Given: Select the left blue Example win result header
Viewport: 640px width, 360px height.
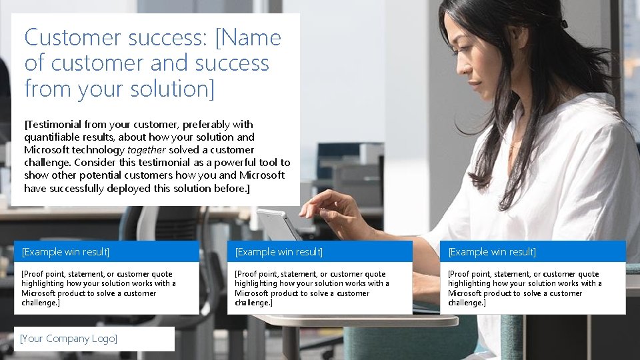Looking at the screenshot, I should [x=107, y=252].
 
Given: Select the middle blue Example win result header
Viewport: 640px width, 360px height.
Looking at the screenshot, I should [x=320, y=252].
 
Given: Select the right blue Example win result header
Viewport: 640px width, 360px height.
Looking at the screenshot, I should [x=533, y=252].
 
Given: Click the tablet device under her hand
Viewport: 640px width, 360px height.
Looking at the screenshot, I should [x=280, y=223].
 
